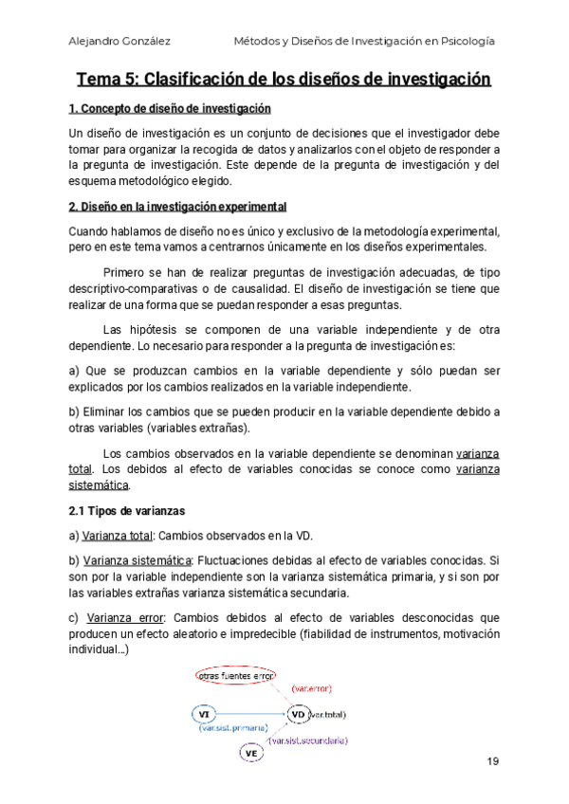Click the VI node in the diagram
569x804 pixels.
tap(204, 713)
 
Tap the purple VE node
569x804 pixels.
tap(251, 753)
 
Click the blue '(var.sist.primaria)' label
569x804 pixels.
tap(233, 728)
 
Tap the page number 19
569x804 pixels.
tap(492, 761)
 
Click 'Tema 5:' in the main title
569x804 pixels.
tap(106, 79)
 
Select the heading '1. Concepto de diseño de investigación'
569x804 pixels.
tap(170, 108)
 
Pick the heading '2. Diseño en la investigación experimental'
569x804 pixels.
tap(177, 207)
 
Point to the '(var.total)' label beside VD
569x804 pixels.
tap(328, 713)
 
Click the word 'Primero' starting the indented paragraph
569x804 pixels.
tap(123, 272)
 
